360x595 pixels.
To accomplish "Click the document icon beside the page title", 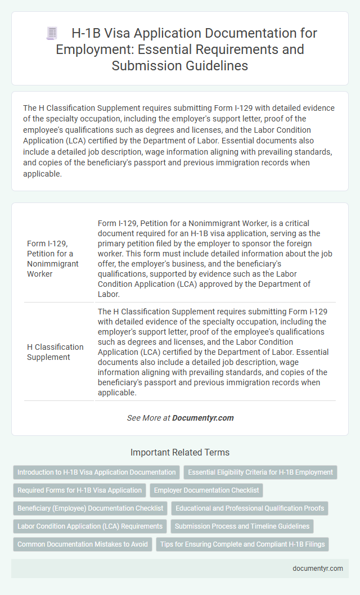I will [52, 33].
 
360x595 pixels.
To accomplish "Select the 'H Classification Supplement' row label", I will [55, 351].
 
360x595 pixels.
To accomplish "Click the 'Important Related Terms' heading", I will [180, 452].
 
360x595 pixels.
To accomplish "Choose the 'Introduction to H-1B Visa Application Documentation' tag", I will [96, 472].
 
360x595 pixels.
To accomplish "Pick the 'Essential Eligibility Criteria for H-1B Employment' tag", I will [260, 472].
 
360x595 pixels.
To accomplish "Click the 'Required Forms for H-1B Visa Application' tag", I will [79, 490].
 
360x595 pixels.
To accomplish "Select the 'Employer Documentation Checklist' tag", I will [206, 490].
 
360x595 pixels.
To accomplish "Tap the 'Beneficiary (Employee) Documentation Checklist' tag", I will [90, 508].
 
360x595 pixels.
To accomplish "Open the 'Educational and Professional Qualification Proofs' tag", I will [250, 508].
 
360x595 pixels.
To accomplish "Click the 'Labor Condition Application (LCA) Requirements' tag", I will [90, 526].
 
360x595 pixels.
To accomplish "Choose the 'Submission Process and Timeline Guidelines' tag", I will [242, 526].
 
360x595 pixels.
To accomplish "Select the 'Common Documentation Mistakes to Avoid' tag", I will [83, 544].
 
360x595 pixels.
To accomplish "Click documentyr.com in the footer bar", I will [318, 568].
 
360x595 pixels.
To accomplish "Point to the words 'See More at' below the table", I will [148, 418].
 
